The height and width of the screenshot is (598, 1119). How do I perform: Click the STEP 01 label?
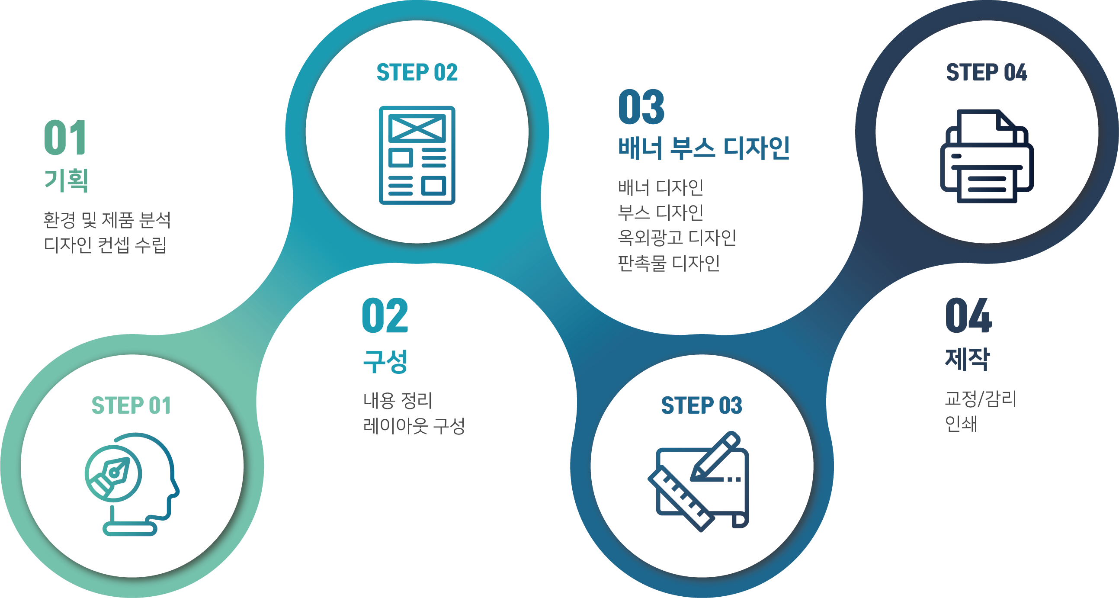click(131, 405)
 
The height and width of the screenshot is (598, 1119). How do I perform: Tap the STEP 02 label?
click(417, 72)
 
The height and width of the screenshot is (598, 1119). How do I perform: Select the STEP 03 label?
click(702, 405)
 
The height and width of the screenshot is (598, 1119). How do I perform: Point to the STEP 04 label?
click(987, 72)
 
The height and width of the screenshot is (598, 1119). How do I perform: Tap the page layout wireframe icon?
click(417, 155)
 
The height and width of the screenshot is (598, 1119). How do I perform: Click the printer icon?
click(987, 156)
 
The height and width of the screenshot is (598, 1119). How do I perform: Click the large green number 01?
click(66, 137)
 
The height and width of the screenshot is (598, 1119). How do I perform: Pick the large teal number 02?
click(385, 315)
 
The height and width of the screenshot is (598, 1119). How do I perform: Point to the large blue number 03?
click(641, 107)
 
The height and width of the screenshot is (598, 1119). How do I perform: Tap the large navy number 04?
click(968, 315)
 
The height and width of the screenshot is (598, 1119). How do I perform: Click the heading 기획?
click(66, 180)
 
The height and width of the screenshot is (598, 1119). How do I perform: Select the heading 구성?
click(385, 361)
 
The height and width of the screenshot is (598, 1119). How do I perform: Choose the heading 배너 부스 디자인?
click(704, 148)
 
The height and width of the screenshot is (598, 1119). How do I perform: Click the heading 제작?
click(968, 359)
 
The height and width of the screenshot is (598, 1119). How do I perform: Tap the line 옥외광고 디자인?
click(677, 237)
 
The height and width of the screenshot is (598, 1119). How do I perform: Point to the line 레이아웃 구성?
click(414, 425)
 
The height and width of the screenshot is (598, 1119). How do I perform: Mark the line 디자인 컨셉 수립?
click(105, 244)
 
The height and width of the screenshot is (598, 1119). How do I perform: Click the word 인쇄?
click(961, 423)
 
